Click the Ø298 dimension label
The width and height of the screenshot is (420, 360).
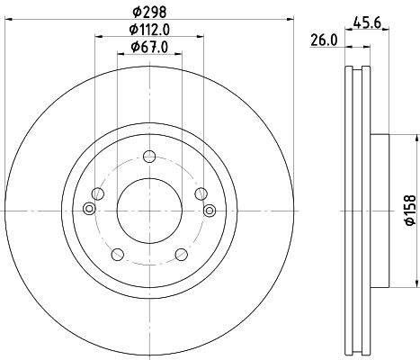pyautogui.click(x=148, y=13)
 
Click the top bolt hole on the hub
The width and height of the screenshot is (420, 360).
pyautogui.click(x=148, y=159)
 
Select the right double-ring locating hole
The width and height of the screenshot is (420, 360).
pyautogui.click(x=209, y=210)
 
